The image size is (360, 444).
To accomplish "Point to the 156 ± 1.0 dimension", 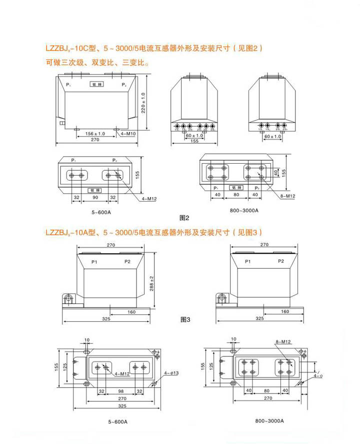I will click(x=95, y=134).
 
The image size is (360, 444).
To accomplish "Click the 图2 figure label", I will click(x=184, y=218).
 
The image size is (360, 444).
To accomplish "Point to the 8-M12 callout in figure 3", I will click(x=283, y=342).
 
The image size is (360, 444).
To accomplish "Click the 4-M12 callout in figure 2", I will click(x=149, y=199).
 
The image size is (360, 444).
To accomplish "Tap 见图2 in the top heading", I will click(x=249, y=49).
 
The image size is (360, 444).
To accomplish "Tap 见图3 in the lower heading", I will click(x=249, y=233).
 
